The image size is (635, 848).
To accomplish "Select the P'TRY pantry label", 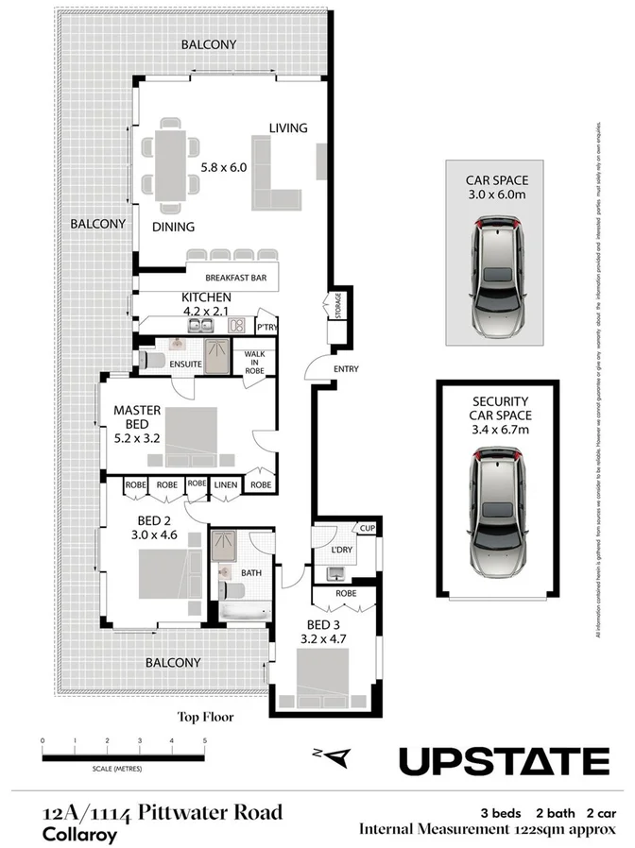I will [x=266, y=327].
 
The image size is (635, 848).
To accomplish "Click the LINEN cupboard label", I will [x=225, y=484].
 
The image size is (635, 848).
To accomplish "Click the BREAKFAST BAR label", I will [x=232, y=278].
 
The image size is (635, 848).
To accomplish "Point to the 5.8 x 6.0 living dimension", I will [x=223, y=167].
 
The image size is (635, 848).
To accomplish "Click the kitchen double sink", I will [x=198, y=326].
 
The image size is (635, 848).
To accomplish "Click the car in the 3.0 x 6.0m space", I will [x=495, y=280].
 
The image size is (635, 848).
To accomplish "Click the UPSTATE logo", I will [x=503, y=760].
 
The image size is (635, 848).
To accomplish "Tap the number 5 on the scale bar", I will [x=204, y=741].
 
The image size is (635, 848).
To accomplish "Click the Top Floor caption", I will [x=205, y=717].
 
